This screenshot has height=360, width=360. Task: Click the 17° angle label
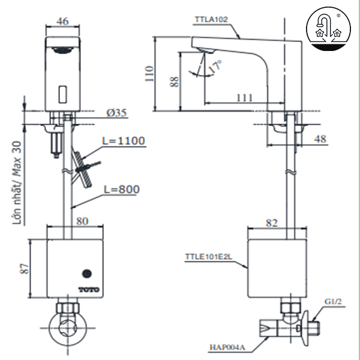tap(215, 67)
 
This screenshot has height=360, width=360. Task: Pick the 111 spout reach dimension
tap(244, 98)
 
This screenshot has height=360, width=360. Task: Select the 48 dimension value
tap(320, 139)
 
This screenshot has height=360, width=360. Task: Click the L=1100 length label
tap(124, 141)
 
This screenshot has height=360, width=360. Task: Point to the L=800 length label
tap(121, 189)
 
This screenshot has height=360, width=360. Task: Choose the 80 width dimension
tap(83, 221)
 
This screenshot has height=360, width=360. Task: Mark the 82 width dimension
tap(272, 223)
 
